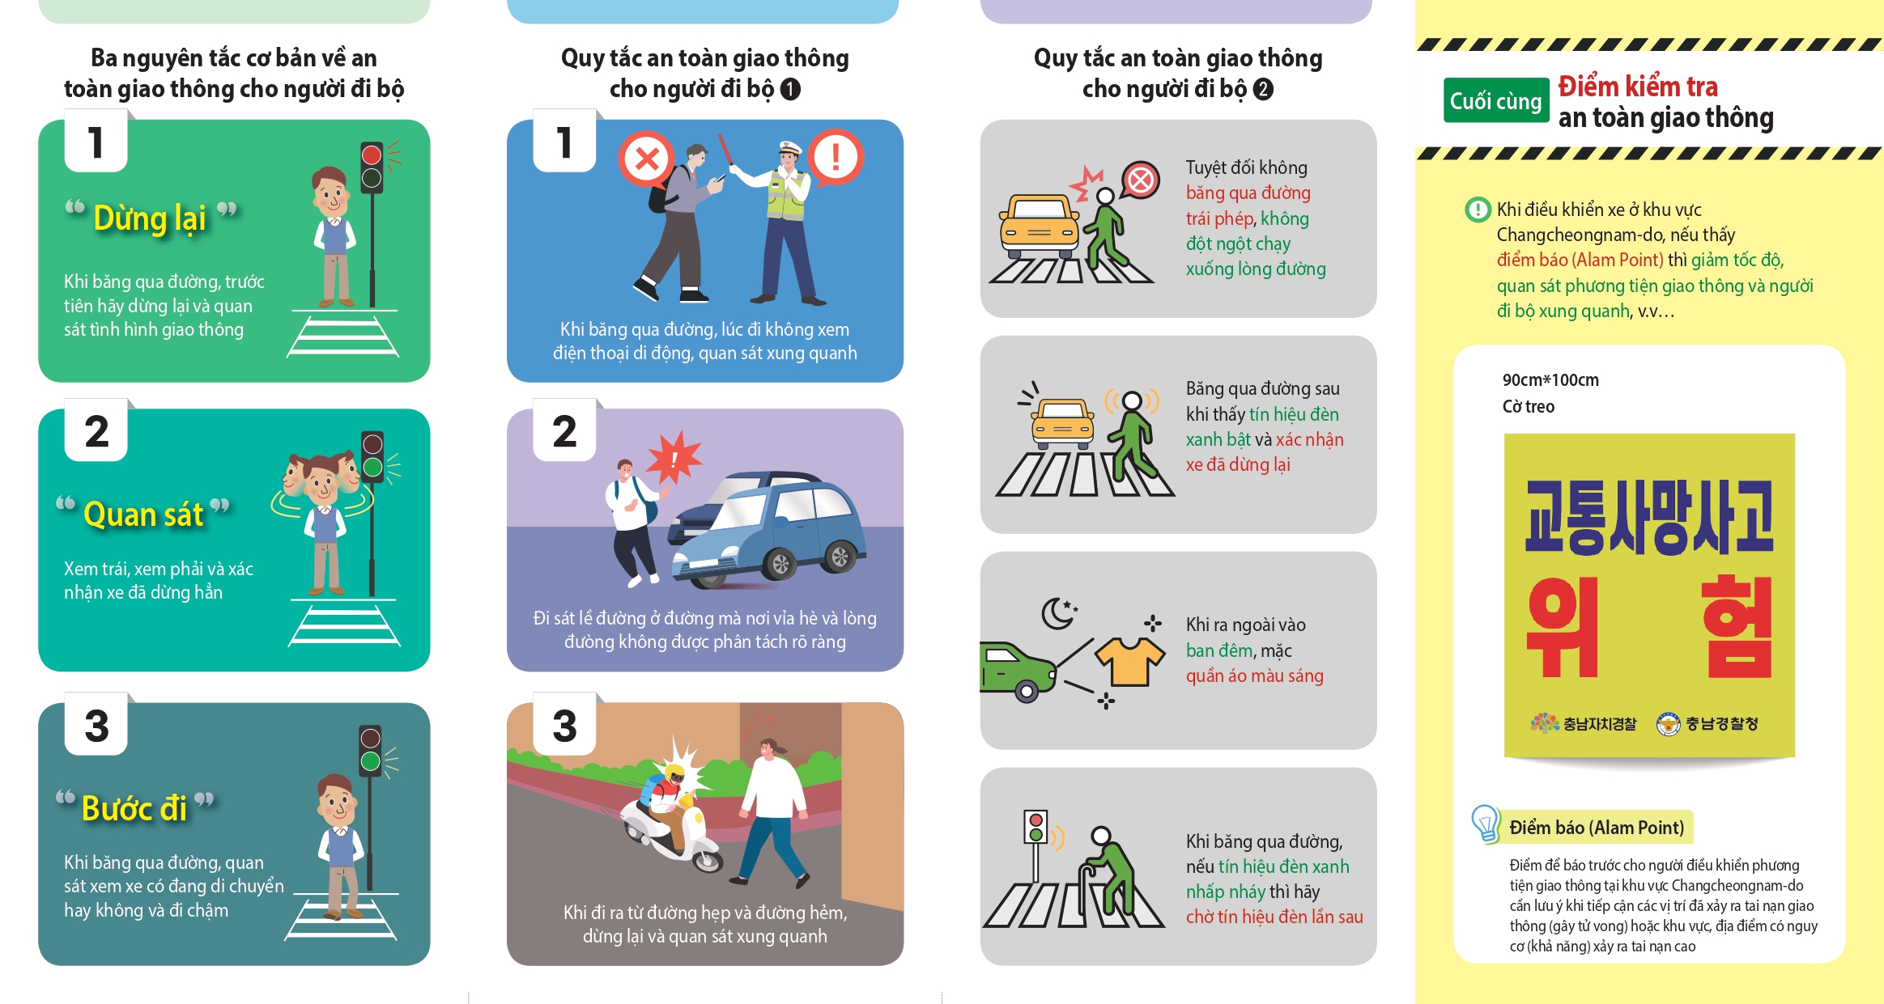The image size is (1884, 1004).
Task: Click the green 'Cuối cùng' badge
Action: pos(1495,101)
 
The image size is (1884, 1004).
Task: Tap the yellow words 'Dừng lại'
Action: pos(150,218)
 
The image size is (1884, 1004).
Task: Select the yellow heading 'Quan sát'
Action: pos(143,515)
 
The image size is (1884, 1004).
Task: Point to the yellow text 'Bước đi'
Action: pos(134,808)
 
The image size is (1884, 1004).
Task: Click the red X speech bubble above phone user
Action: pos(646,159)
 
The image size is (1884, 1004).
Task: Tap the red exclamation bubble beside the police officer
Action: pos(836,157)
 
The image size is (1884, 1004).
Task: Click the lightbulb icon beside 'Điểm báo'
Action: pos(1486,824)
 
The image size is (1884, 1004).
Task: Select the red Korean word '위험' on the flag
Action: pos(1649,627)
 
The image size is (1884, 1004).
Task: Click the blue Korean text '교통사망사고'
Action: pos(1649,517)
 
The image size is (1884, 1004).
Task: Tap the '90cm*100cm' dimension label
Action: pos(1550,380)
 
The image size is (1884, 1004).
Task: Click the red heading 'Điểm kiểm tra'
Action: pos(1638,87)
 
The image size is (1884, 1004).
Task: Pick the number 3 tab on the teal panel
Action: pos(96,724)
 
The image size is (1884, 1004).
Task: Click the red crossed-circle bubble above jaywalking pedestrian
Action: pos(1140,180)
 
